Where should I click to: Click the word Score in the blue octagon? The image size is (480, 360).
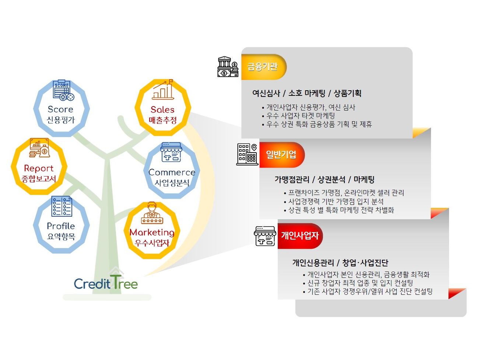click(x=60, y=109)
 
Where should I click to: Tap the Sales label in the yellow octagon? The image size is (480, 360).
click(x=162, y=109)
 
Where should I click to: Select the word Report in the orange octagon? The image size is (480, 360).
click(x=38, y=168)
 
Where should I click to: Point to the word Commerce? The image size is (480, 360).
click(x=172, y=172)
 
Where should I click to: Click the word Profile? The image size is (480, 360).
click(x=61, y=226)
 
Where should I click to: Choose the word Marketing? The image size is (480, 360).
click(x=152, y=233)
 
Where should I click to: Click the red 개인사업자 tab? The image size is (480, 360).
click(x=300, y=236)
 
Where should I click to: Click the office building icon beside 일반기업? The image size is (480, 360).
click(x=247, y=154)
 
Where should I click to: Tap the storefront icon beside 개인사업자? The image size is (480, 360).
click(x=265, y=236)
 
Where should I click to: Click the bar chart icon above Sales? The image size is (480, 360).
click(x=163, y=90)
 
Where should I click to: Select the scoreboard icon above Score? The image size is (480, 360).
click(x=63, y=90)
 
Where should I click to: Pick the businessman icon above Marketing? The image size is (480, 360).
click(x=152, y=213)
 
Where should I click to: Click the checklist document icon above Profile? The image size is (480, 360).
click(x=62, y=206)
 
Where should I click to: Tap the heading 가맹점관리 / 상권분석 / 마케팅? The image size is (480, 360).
click(x=325, y=179)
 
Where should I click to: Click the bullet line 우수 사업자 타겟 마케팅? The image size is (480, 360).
click(x=301, y=116)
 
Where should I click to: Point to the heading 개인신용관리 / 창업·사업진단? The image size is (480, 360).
click(x=340, y=262)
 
